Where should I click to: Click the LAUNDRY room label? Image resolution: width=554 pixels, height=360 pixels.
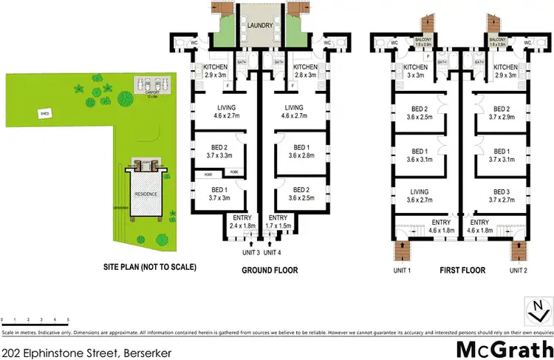259,24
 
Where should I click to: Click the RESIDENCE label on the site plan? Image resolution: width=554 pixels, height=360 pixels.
146,194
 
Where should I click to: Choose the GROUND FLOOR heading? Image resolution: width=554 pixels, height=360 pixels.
270,271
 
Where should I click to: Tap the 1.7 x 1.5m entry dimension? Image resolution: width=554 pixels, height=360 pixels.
278,225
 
